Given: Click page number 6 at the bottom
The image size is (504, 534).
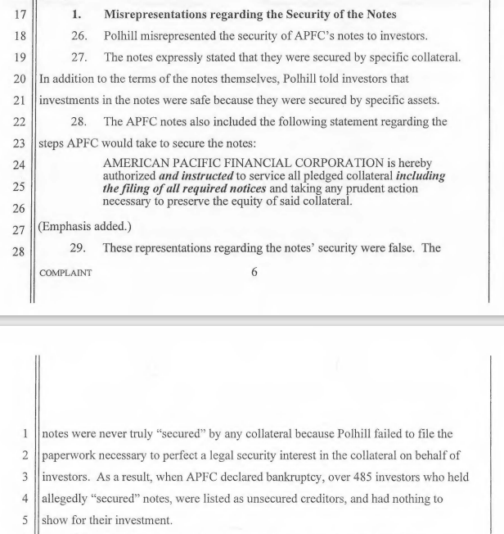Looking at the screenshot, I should pos(254,272).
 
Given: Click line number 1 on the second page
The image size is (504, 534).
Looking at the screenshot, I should pos(26,432).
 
